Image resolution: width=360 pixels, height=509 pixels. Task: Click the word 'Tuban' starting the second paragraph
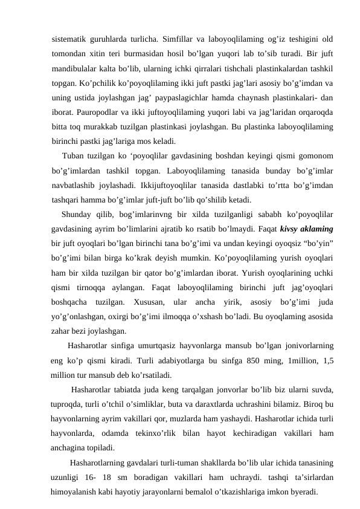(74, 156)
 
